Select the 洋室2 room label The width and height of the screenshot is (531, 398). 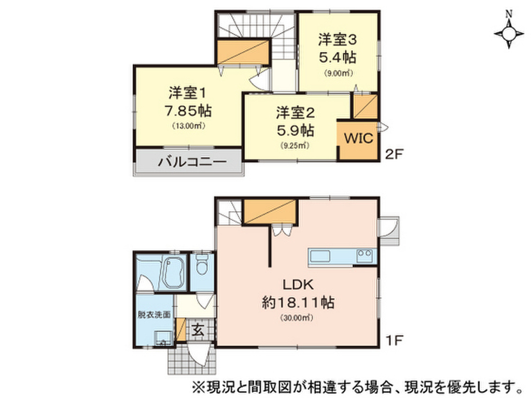[x=295, y=112]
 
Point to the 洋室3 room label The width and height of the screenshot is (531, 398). [x=337, y=40]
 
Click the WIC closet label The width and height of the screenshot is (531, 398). [x=359, y=138]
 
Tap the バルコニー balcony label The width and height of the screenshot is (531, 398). [x=192, y=162]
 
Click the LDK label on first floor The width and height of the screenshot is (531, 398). [x=298, y=285]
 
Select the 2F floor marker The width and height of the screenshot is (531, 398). [x=394, y=154]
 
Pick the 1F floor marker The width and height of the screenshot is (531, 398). [x=394, y=339]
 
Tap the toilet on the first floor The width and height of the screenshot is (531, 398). [x=203, y=264]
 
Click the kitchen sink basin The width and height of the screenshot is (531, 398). [x=320, y=256]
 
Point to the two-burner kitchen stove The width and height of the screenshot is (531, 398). [x=365, y=255]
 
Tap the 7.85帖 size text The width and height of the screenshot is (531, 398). [x=188, y=111]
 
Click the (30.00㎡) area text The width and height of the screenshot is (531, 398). [x=297, y=318]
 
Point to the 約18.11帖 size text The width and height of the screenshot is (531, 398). [x=298, y=302]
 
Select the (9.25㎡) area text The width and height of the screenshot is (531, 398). [x=295, y=146]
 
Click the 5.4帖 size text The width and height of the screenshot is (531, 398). [x=338, y=58]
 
